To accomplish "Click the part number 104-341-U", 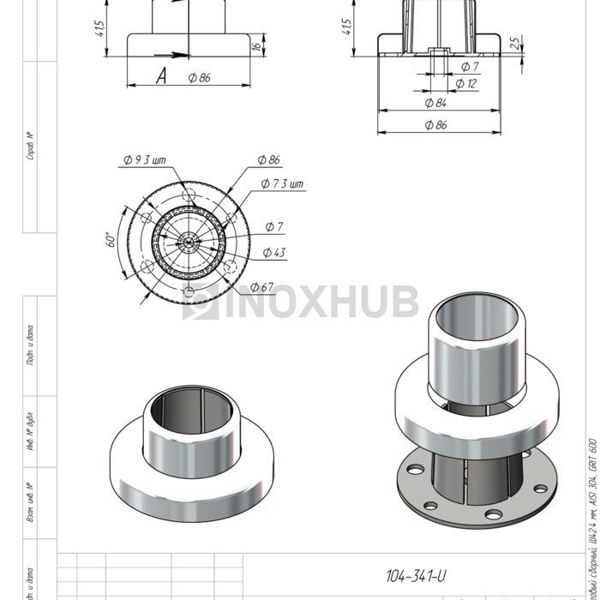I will [416, 576].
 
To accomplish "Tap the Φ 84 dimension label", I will [435, 103].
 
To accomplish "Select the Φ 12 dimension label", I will [466, 84].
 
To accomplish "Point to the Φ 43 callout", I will [274, 252].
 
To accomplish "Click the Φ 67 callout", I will [262, 287].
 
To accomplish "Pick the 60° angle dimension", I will [110, 239].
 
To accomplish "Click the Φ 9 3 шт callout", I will [143, 160].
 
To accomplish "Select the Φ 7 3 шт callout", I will [282, 184].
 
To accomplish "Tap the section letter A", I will [160, 77].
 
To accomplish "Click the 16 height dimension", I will [255, 47].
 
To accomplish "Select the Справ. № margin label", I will [31, 147].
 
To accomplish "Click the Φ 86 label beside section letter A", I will [199, 78].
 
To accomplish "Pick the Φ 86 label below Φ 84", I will [435, 125].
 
